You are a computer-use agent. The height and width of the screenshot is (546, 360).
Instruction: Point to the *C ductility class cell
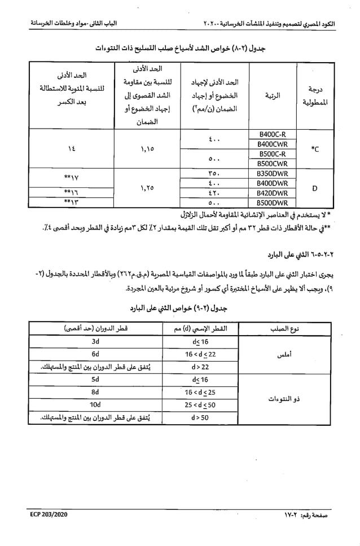pyautogui.click(x=314, y=149)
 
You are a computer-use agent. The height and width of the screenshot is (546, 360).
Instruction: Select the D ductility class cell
pyautogui.click(x=314, y=187)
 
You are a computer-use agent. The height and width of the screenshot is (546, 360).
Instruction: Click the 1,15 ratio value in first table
pyautogui.click(x=147, y=149)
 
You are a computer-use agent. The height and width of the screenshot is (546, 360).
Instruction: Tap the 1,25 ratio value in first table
pyautogui.click(x=147, y=187)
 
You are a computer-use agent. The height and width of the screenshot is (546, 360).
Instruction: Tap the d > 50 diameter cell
pyautogui.click(x=200, y=417)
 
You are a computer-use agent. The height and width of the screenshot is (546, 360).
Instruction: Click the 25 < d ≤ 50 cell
pyautogui.click(x=200, y=404)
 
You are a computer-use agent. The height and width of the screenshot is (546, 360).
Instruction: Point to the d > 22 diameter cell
pyautogui.click(x=200, y=367)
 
